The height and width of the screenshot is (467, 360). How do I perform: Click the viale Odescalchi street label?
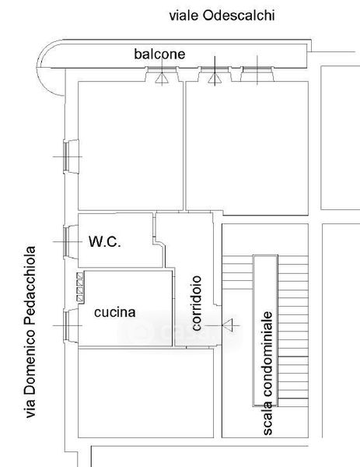pyautogui.click(x=222, y=16)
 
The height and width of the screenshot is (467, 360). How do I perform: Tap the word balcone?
pyautogui.click(x=159, y=54)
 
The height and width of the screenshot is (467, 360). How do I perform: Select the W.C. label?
pyautogui.click(x=105, y=241)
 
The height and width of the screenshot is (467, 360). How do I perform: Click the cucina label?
pyautogui.click(x=115, y=312)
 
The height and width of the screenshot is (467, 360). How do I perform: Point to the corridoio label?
pyautogui.click(x=197, y=303)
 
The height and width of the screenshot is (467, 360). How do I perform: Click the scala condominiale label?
pyautogui.click(x=267, y=373)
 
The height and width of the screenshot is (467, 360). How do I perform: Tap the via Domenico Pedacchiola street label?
pyautogui.click(x=30, y=332)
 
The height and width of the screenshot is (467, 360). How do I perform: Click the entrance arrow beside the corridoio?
pyautogui.click(x=228, y=325)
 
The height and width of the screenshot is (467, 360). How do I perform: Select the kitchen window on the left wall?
pyautogui.click(x=71, y=326)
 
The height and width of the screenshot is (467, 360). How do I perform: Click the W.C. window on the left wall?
pyautogui.click(x=71, y=241)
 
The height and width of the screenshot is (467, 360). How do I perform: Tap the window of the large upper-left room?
pyautogui.click(x=72, y=156)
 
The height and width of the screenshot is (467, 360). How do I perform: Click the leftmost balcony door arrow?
pyautogui.click(x=162, y=78)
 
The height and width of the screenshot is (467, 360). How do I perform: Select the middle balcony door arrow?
pyautogui.click(x=215, y=78)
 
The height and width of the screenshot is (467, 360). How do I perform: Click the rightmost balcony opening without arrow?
pyautogui.click(x=257, y=74)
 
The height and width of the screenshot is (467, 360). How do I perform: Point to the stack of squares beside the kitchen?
pyautogui.click(x=80, y=286)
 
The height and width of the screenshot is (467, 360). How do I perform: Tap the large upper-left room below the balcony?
pyautogui.click(x=131, y=146)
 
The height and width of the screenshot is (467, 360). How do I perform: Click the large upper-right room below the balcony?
pyautogui.click(x=247, y=148)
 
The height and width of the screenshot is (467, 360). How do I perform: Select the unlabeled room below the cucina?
pyautogui.click(x=145, y=392)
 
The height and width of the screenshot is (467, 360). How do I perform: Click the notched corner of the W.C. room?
pyautogui.click(x=158, y=244)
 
